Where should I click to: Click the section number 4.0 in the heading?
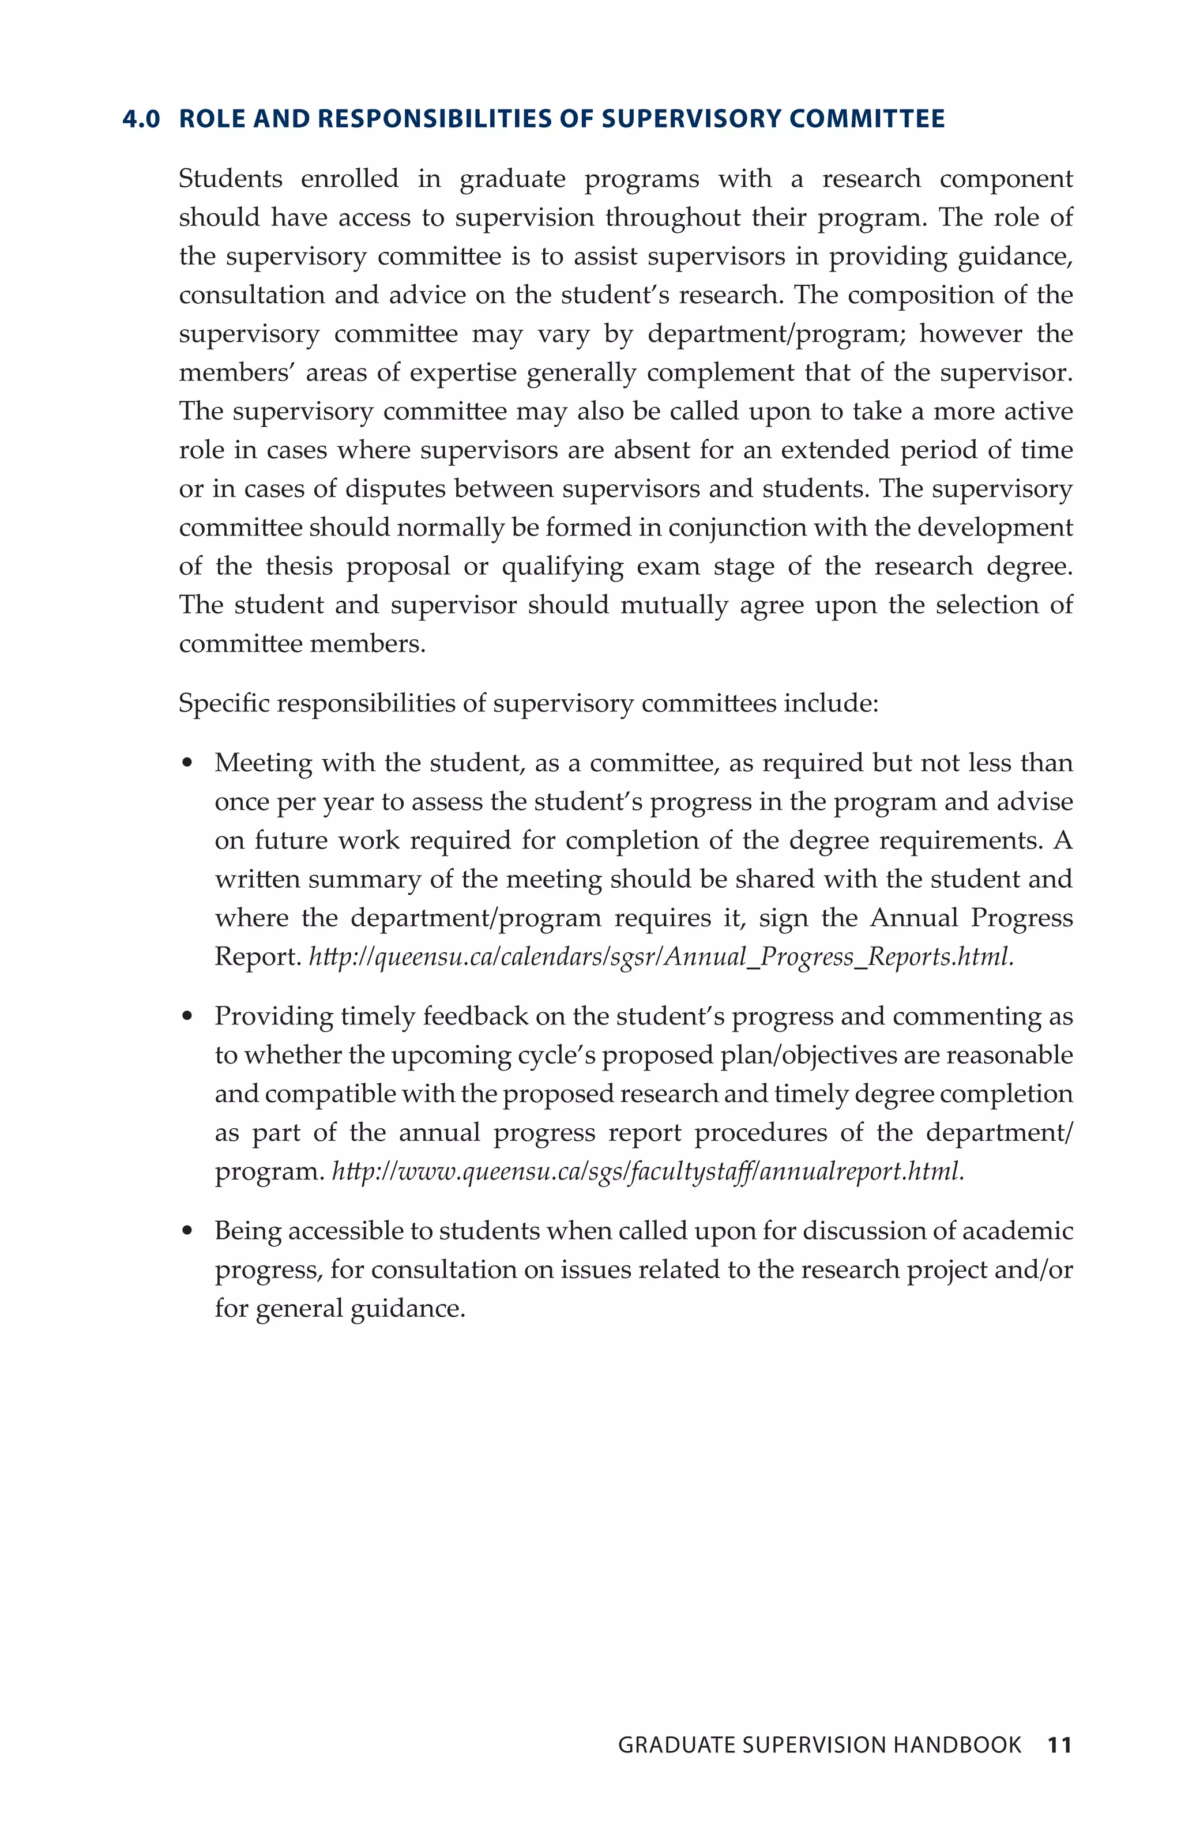pyautogui.click(x=141, y=119)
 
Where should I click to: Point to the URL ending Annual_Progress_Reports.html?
pyautogui.click(x=661, y=956)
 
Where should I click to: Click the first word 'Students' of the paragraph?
pyautogui.click(x=230, y=179)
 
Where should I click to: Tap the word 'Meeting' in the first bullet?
pyautogui.click(x=263, y=763)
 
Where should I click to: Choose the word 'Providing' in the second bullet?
pyautogui.click(x=273, y=1016)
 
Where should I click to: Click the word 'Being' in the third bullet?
pyautogui.click(x=247, y=1231)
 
